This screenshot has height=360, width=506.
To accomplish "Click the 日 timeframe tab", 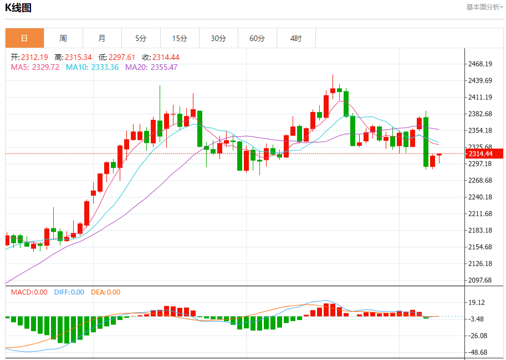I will point(24,38).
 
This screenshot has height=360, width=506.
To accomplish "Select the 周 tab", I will point(63,38).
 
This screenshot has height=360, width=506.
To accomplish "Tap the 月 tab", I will point(102,38).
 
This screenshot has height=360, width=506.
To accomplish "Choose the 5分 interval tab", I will point(141,38).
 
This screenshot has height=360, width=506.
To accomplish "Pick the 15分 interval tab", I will point(180,38).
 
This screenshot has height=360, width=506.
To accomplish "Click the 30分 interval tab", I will point(218,38).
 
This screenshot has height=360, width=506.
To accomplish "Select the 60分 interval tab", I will point(257,38).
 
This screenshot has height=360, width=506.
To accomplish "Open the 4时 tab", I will point(296,38).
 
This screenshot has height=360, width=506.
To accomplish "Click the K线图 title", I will point(18,8).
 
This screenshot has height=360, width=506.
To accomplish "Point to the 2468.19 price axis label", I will point(480,64).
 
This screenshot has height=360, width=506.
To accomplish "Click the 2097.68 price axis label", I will point(480,280).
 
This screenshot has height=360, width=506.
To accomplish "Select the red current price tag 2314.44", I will point(480,154).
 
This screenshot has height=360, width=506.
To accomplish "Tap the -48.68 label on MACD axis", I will point(478,352).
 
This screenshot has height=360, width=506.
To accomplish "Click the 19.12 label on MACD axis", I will point(478,302).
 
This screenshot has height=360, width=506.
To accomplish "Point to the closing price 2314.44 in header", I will point(166,57).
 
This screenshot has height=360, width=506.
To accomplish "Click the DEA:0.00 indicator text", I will point(105,292).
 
